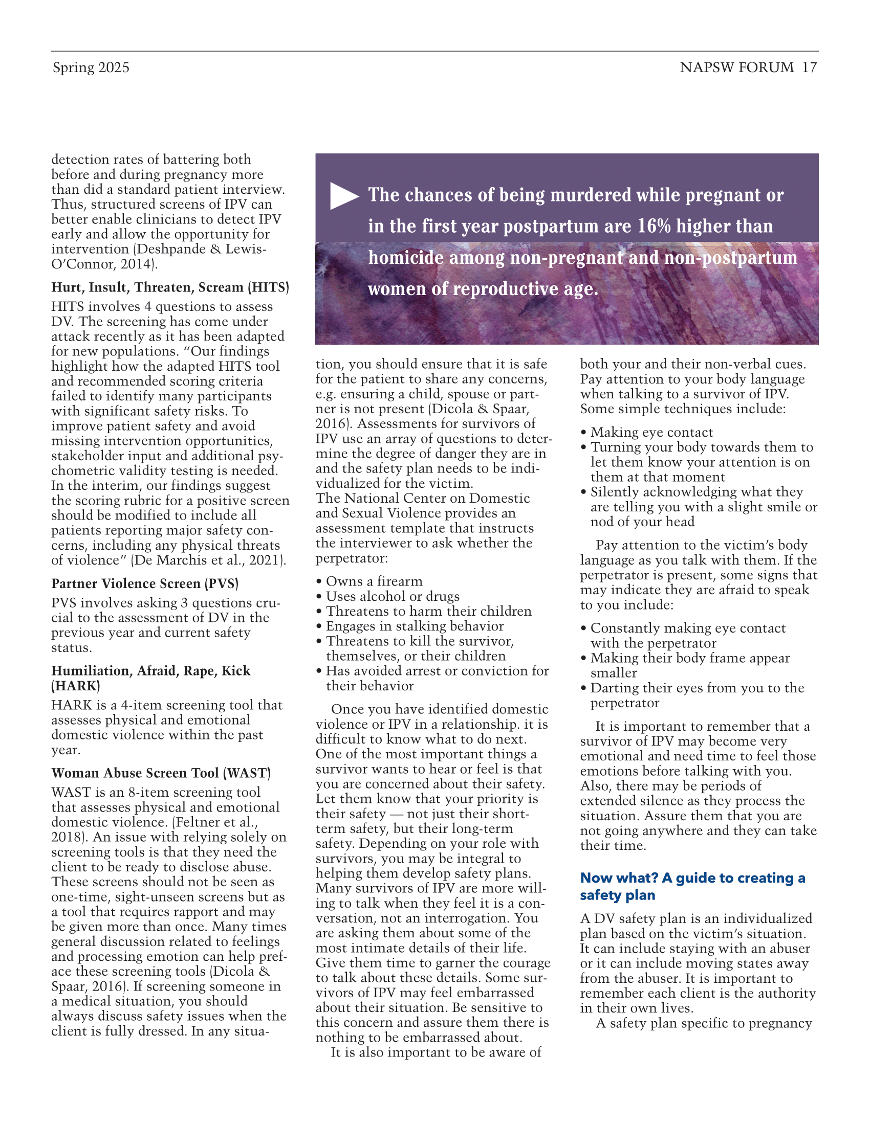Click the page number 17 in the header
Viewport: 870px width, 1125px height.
809,67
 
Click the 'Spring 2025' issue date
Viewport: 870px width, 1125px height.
91,67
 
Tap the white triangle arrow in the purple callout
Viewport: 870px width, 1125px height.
344,196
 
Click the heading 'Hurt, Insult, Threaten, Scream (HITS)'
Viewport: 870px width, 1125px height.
170,287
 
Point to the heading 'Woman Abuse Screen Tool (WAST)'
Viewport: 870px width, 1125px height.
161,773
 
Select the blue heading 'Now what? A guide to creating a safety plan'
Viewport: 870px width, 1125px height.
692,886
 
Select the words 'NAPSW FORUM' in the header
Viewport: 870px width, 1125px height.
736,67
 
